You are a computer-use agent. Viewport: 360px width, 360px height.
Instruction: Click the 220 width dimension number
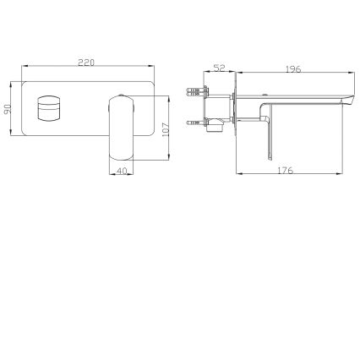(86, 63)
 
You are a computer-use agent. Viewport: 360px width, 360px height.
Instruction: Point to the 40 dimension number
(122, 171)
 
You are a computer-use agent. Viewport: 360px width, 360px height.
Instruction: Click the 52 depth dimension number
(219, 68)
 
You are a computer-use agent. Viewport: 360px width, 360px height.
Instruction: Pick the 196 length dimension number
(293, 69)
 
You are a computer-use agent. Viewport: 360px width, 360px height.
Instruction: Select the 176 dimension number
(285, 171)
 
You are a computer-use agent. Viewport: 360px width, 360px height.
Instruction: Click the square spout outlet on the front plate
(47, 110)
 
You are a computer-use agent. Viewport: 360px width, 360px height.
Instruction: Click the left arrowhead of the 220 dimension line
(24, 68)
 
